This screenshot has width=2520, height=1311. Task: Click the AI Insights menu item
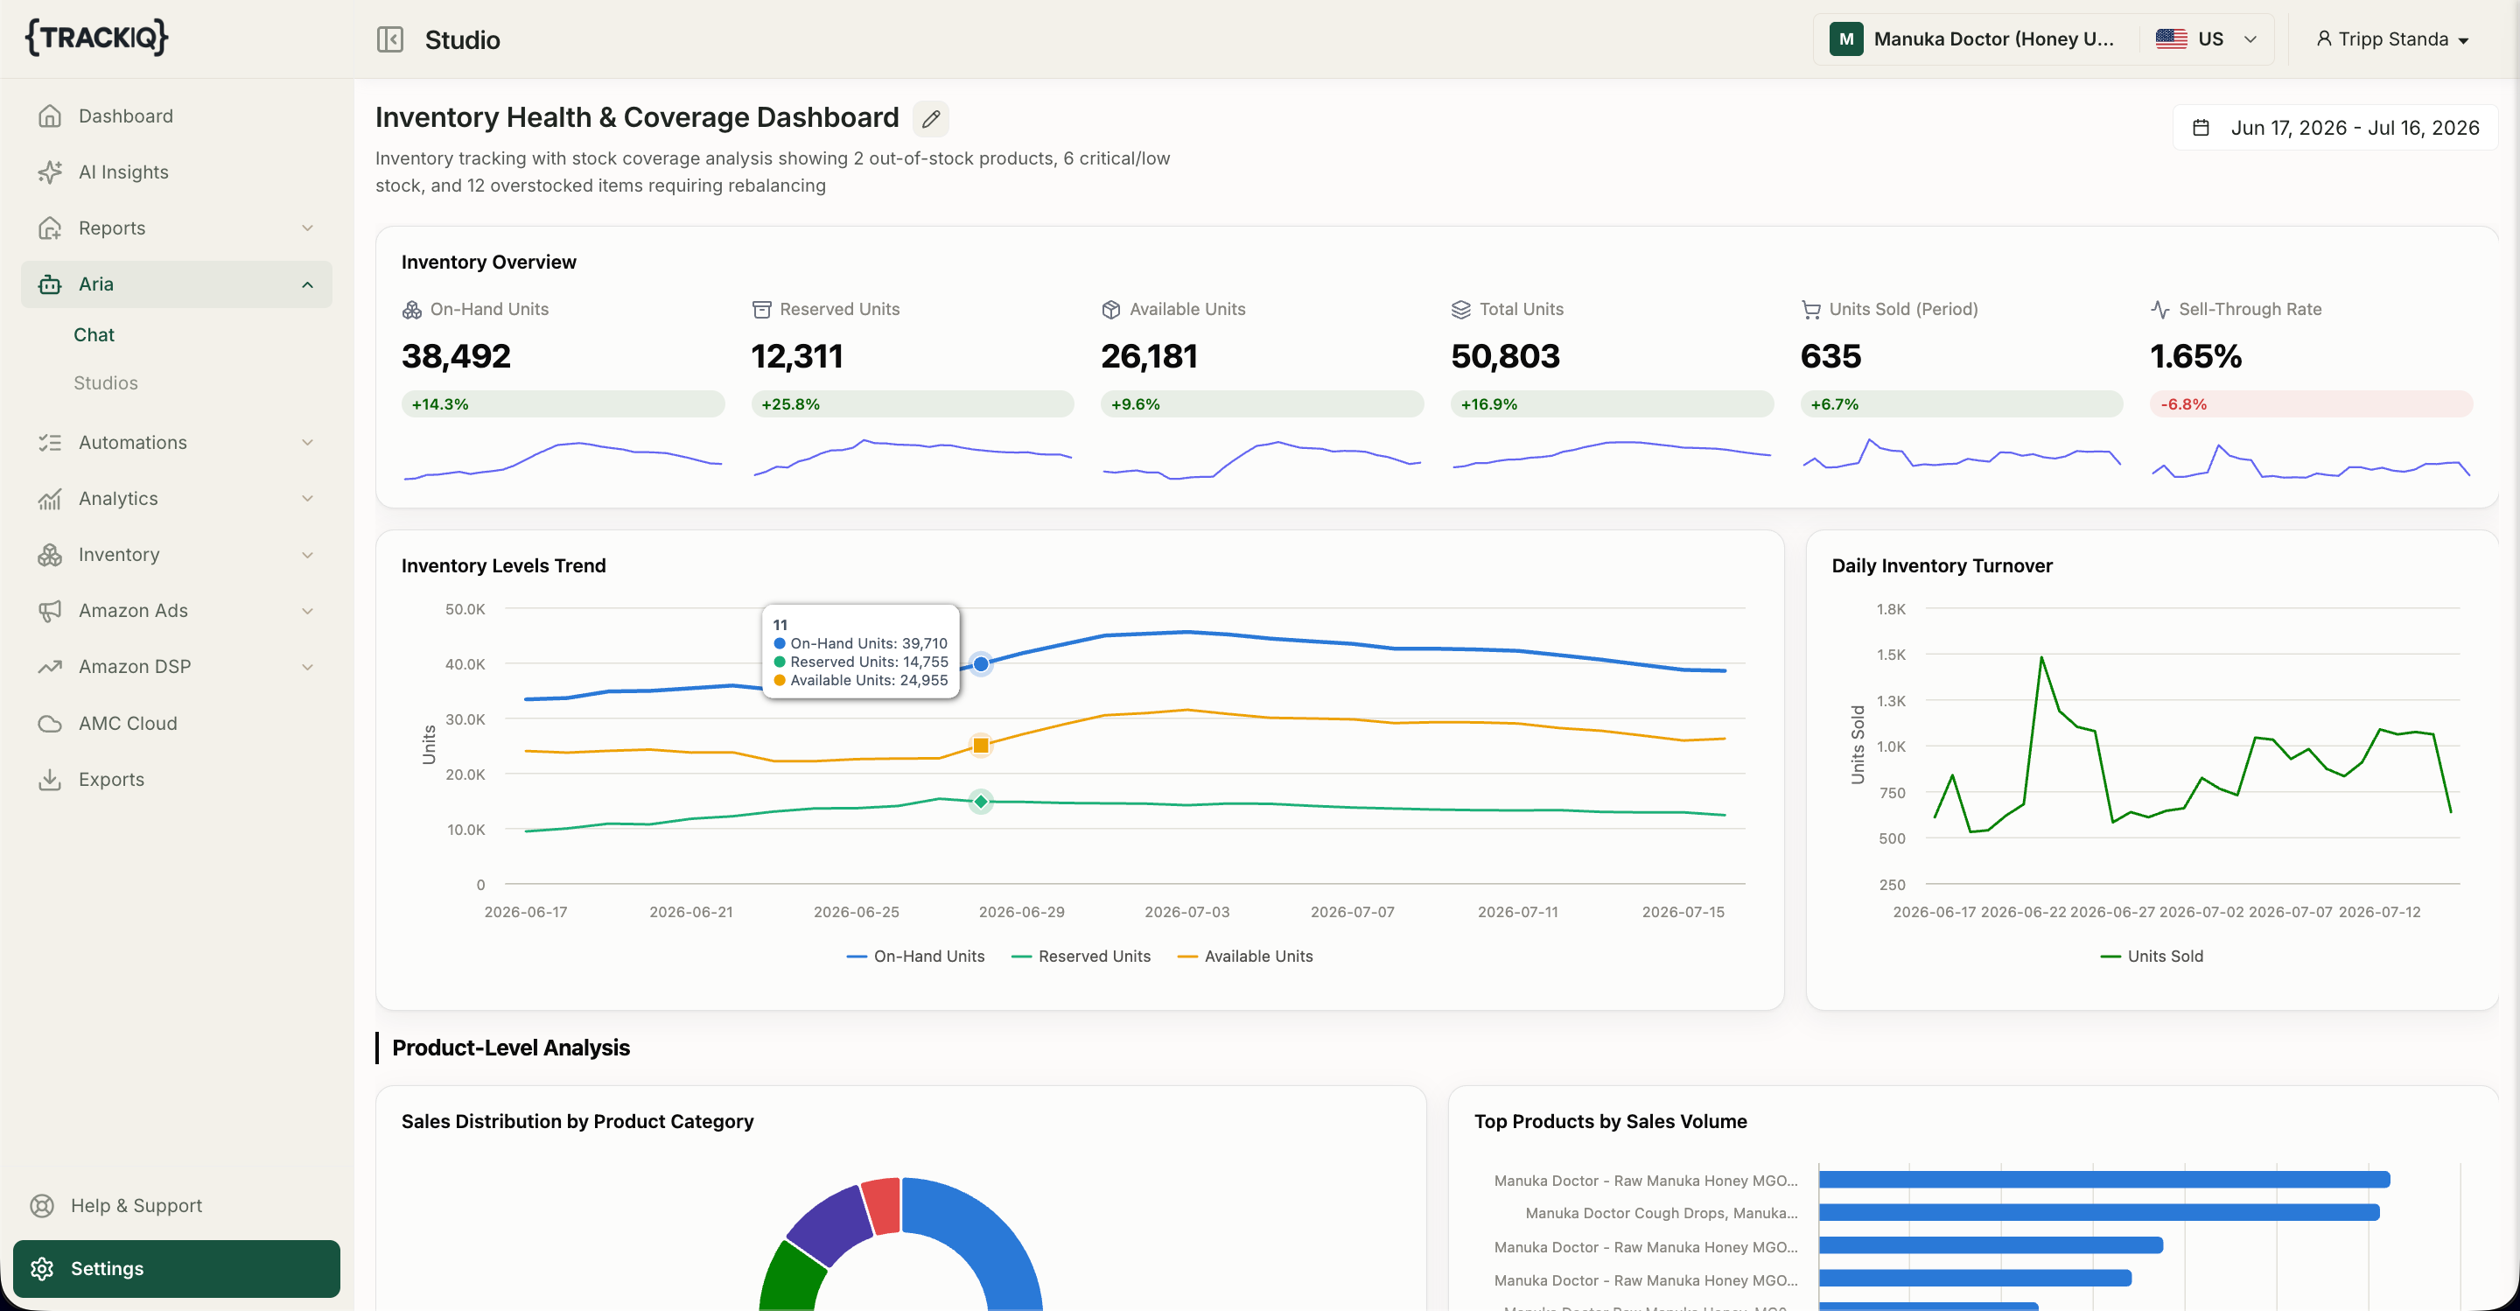click(x=123, y=172)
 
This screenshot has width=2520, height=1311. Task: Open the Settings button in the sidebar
click(x=176, y=1268)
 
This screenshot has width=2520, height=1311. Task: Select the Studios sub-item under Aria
click(x=106, y=382)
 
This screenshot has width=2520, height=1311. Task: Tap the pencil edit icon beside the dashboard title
click(x=930, y=118)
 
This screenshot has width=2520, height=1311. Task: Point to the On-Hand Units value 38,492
click(x=456, y=356)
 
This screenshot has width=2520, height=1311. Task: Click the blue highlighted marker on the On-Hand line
click(x=981, y=664)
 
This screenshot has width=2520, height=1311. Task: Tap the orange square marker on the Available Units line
click(x=981, y=746)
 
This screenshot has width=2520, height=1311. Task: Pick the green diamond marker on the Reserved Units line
click(x=981, y=802)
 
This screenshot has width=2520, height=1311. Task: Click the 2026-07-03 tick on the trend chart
click(x=1186, y=912)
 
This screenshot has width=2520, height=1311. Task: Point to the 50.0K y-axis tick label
click(x=465, y=608)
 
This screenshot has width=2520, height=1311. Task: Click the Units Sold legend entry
click(x=2152, y=956)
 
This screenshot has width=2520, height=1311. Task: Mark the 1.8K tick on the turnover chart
click(x=1891, y=608)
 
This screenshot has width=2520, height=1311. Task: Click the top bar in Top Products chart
click(x=2104, y=1180)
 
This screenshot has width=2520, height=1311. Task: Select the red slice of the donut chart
click(x=881, y=1204)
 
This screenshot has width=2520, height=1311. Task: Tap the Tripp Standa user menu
click(x=2392, y=39)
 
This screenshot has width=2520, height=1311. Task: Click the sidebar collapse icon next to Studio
click(x=389, y=39)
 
